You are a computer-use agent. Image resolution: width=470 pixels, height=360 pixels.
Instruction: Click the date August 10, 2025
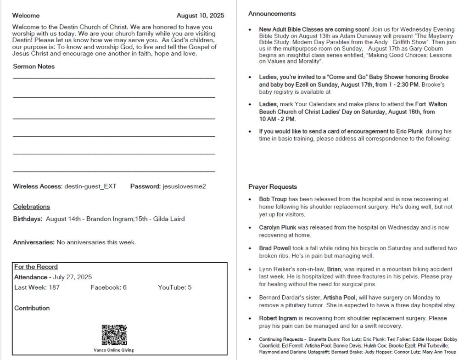[200, 16]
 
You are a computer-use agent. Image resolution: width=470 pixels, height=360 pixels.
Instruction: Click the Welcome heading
[26, 16]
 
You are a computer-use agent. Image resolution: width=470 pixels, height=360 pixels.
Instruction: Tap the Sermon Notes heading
[34, 67]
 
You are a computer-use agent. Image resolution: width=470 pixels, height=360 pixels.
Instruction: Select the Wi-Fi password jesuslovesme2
[184, 186]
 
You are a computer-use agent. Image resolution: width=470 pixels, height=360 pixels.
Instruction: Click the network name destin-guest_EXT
[90, 186]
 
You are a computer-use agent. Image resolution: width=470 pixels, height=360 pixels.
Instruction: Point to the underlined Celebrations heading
[31, 207]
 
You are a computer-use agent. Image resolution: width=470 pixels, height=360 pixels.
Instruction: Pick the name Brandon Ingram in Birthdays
[110, 219]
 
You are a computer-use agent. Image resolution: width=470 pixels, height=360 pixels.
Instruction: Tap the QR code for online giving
[114, 335]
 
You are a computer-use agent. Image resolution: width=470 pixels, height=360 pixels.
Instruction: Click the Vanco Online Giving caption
[114, 349]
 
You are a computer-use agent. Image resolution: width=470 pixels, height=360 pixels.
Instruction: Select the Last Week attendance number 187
[53, 287]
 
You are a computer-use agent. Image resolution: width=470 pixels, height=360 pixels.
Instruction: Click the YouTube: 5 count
[175, 287]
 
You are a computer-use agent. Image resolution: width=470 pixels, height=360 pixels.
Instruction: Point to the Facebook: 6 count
[108, 287]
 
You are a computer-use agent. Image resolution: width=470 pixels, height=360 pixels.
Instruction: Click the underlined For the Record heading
[36, 267]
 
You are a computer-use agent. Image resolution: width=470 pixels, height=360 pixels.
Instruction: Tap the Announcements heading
[272, 14]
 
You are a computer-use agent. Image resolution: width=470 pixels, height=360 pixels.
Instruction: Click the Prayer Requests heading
[273, 187]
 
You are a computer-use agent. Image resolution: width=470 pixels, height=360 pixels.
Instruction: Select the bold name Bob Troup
[273, 199]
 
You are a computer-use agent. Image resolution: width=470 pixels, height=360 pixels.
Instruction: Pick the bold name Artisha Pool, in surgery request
[341, 298]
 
